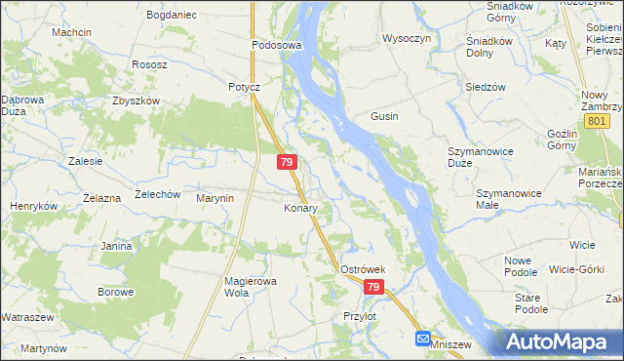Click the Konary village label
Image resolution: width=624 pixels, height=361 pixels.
(x=301, y=208)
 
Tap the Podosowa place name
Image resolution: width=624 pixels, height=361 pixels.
(x=277, y=45)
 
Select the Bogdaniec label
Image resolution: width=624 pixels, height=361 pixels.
(x=171, y=16)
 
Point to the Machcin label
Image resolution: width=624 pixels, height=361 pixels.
(x=72, y=32)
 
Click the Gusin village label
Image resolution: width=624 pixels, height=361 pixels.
(x=383, y=116)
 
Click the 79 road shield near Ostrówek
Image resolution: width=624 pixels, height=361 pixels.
(x=373, y=288)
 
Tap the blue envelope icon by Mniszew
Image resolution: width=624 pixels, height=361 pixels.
(x=422, y=339)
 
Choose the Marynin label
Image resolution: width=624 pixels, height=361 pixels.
(x=215, y=198)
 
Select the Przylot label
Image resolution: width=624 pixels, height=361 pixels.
(x=360, y=316)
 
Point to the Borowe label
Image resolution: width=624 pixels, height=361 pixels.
(x=115, y=292)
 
